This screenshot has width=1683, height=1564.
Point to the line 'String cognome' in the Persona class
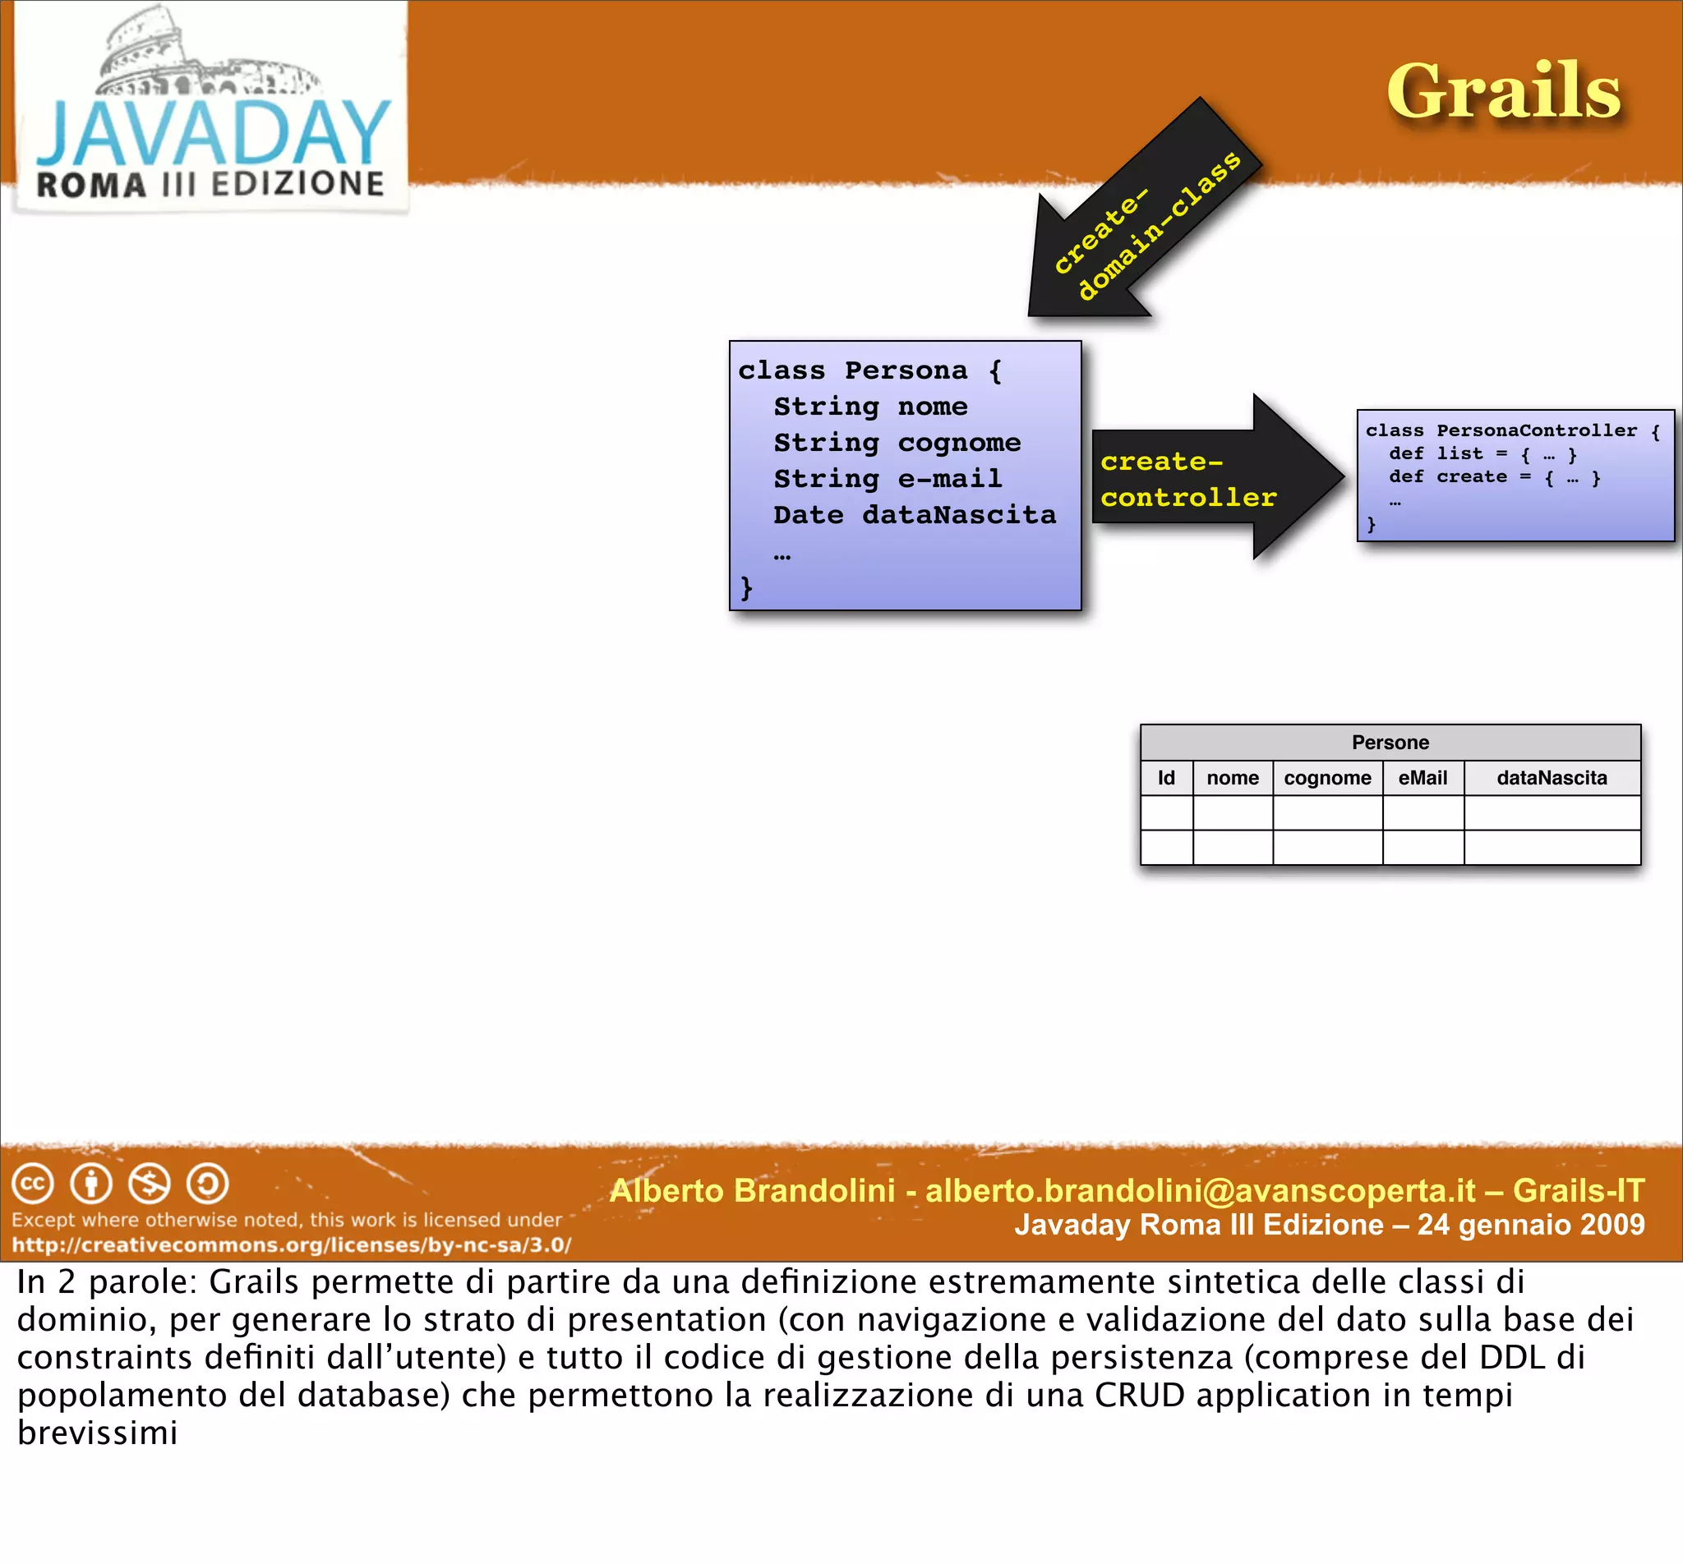click(897, 443)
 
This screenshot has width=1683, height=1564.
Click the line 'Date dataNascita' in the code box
click(915, 514)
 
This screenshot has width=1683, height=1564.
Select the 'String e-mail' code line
click(888, 479)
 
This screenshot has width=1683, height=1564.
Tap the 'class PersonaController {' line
click(1512, 430)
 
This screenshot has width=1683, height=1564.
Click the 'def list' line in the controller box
click(1482, 454)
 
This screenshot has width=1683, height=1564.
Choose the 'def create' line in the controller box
click(1494, 477)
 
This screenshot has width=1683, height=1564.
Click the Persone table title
click(1390, 743)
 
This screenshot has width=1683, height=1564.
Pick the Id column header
click(1166, 778)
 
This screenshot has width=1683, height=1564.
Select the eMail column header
click(1422, 778)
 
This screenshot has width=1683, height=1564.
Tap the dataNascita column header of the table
click(1551, 778)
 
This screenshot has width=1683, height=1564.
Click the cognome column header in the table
click(1326, 778)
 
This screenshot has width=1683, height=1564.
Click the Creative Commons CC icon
click(33, 1183)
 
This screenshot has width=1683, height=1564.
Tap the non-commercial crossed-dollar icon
click(149, 1183)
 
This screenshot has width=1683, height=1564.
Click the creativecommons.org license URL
click(291, 1245)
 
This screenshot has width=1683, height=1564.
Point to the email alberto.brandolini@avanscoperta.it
click(1200, 1191)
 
